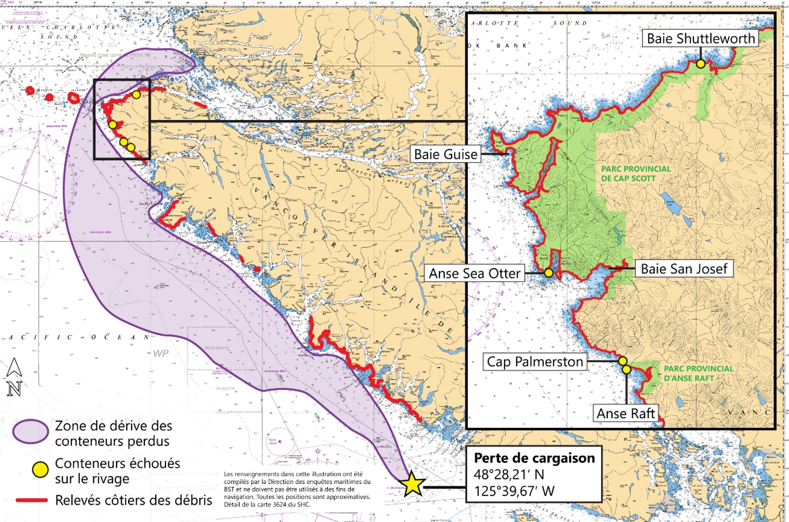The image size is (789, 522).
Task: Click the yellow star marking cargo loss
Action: point(413,485)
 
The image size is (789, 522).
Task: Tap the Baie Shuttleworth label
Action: point(701,39)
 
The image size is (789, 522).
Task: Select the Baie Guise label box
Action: point(446,154)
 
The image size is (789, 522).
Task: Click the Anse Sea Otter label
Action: point(474,273)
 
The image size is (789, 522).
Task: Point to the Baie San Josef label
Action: point(684,268)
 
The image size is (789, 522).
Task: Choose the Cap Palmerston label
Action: point(535,362)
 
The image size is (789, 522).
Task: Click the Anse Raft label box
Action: point(626,413)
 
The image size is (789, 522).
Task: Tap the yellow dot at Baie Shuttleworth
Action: point(700,63)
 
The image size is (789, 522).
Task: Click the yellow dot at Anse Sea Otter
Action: point(548,273)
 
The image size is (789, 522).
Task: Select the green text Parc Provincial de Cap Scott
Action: point(636,174)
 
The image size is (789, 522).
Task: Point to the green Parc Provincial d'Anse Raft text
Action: point(698,373)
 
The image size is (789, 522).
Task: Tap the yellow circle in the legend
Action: point(40,470)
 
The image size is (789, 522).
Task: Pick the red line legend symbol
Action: point(31,500)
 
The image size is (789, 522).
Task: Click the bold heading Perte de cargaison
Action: point(534,458)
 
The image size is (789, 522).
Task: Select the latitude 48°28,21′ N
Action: point(509,475)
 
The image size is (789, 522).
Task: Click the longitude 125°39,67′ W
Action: point(514,491)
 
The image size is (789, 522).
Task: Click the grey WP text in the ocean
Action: point(161,352)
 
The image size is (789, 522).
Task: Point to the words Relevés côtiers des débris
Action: point(133,500)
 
